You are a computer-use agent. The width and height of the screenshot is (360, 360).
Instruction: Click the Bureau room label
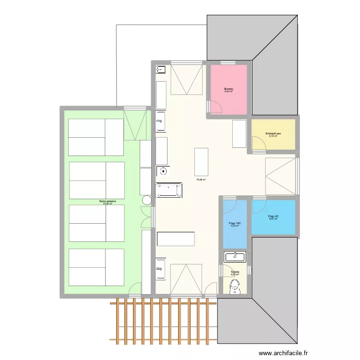point(228,89)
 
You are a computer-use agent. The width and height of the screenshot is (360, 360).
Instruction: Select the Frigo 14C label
point(235,223)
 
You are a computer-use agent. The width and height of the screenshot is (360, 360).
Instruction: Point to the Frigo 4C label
point(273,216)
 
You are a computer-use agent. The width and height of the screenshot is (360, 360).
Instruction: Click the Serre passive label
point(105,201)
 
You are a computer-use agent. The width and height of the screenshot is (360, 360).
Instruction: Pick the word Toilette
point(235,272)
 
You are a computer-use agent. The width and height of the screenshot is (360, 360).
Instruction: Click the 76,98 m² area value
point(201,180)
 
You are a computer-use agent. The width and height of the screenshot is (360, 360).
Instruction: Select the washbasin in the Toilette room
point(235,257)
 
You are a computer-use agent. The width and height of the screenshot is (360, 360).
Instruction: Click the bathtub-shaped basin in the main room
point(169,190)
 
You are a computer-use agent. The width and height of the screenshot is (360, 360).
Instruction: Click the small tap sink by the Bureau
point(160,70)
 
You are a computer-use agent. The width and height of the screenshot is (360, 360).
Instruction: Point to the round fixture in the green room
point(147,200)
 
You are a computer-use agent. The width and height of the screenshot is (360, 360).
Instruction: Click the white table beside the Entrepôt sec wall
point(239,134)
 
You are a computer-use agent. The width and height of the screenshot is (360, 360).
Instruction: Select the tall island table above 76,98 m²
point(201,162)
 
